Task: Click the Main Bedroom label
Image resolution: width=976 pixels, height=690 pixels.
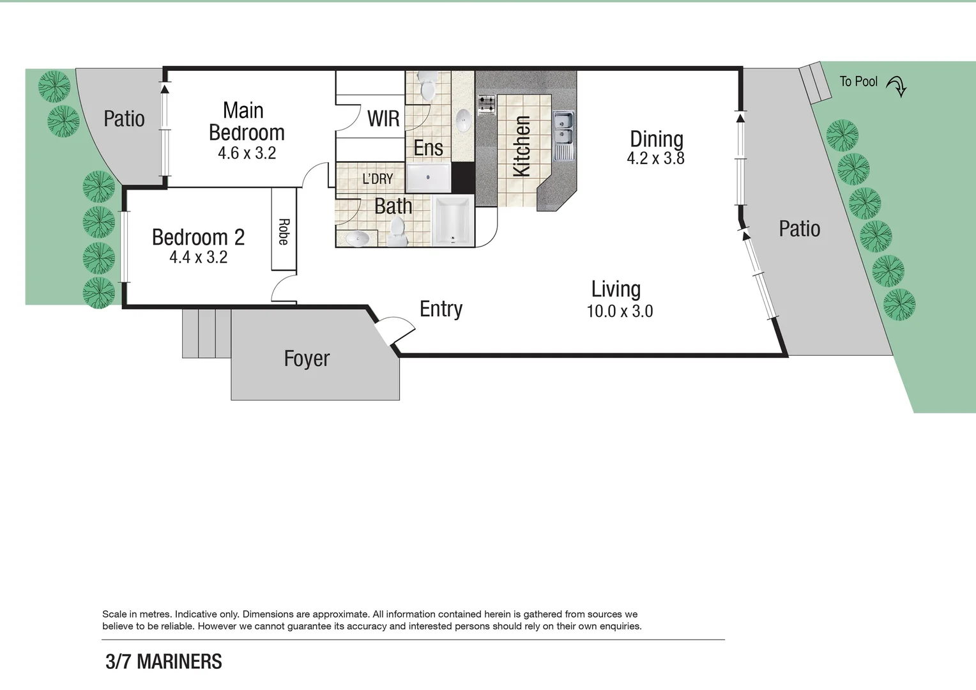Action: [246, 121]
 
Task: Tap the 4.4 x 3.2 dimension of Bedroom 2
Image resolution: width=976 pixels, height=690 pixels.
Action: [198, 257]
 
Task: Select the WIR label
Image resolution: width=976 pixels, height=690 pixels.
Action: [383, 118]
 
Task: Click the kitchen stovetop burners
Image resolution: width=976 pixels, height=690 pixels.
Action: [487, 105]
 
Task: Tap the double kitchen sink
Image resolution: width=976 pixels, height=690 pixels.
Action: [563, 128]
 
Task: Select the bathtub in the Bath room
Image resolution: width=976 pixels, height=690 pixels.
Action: [453, 221]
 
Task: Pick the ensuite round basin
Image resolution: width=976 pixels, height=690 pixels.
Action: [463, 119]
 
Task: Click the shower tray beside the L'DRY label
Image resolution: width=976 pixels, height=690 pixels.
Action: [428, 177]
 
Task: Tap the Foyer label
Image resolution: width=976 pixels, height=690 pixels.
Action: [307, 358]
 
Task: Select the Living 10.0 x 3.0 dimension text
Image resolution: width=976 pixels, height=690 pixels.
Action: [619, 312]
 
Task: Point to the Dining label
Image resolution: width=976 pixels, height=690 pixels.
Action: [656, 139]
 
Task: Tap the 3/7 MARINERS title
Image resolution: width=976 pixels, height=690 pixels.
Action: [164, 661]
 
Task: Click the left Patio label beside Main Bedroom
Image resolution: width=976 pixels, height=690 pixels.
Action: [124, 119]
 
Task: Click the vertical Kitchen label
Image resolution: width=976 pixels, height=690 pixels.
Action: [522, 146]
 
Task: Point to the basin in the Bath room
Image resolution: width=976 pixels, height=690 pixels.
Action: [357, 239]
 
